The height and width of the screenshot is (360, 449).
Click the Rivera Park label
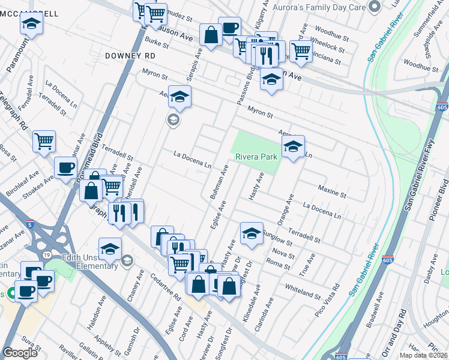tap(255, 157)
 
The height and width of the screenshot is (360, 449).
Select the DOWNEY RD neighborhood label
tap(130, 55)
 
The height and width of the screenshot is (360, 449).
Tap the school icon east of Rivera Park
tap(293, 146)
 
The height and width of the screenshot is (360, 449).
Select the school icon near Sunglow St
tap(252, 233)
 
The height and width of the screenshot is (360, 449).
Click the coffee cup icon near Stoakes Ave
tap(65, 167)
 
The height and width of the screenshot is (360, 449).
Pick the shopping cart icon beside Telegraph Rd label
tap(44, 142)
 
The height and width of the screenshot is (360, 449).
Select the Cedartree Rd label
tap(170, 288)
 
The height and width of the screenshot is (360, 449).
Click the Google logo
tap(20, 353)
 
